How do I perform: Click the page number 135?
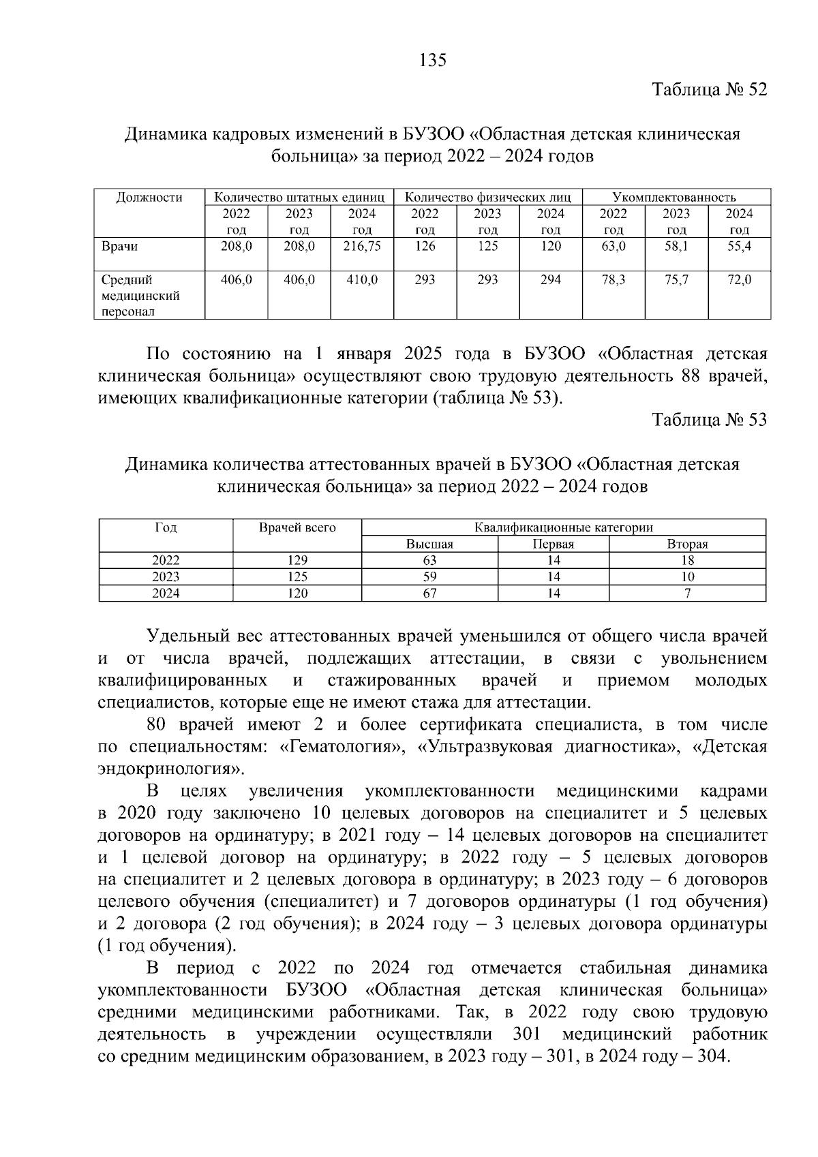pyautogui.click(x=432, y=61)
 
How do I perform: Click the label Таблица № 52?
pyautogui.click(x=709, y=90)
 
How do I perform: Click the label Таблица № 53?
pyautogui.click(x=709, y=420)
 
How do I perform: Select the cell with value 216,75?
pyautogui.click(x=362, y=247)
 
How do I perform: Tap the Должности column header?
pyautogui.click(x=149, y=198)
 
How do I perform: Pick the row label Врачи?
pyautogui.click(x=119, y=247)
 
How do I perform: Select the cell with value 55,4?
pyautogui.click(x=739, y=247)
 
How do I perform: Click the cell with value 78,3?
pyautogui.click(x=613, y=279)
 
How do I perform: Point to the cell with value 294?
pyautogui.click(x=550, y=279)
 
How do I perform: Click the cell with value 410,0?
pyautogui.click(x=362, y=279)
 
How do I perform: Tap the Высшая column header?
pyautogui.click(x=429, y=544)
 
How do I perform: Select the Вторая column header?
pyautogui.click(x=687, y=544)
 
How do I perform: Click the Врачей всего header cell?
pyautogui.click(x=297, y=527)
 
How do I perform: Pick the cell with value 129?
pyautogui.click(x=297, y=560)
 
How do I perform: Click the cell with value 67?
pyautogui.click(x=429, y=593)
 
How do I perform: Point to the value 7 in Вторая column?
pyautogui.click(x=688, y=593)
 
